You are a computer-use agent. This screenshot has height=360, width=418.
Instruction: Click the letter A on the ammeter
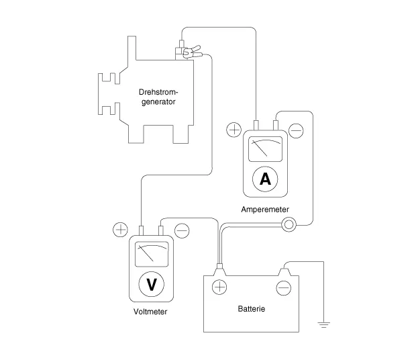pyautogui.click(x=265, y=179)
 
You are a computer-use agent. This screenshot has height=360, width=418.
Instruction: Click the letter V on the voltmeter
pyautogui.click(x=152, y=284)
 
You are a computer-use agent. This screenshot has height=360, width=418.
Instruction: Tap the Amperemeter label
pyautogui.click(x=265, y=210)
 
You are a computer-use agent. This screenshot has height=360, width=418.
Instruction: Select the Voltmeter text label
pyautogui.click(x=150, y=312)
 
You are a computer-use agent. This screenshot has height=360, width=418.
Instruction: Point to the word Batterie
pyautogui.click(x=252, y=309)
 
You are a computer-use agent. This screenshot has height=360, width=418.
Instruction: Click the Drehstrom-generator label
pyautogui.click(x=158, y=97)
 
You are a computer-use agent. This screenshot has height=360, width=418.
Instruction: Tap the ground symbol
pyautogui.click(x=323, y=325)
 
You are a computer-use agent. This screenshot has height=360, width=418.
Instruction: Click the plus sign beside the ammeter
pyautogui.click(x=233, y=130)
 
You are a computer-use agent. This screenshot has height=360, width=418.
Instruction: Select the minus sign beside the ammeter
pyautogui.click(x=296, y=131)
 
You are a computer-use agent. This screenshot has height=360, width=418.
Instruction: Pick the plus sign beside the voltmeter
pyautogui.click(x=121, y=230)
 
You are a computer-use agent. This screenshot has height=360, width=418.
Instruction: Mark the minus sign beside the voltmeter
pyautogui.click(x=182, y=230)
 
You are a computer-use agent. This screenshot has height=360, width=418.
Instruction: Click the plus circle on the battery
pyautogui.click(x=219, y=287)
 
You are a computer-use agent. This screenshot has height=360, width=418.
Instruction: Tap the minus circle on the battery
pyautogui.click(x=283, y=288)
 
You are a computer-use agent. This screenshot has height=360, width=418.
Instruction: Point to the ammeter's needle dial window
pyautogui.click(x=265, y=149)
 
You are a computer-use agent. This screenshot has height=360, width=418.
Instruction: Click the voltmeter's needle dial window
pyautogui.click(x=152, y=254)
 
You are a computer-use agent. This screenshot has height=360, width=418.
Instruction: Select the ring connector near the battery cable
pyautogui.click(x=289, y=224)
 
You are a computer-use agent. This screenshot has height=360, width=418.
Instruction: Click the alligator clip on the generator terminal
pyautogui.click(x=192, y=52)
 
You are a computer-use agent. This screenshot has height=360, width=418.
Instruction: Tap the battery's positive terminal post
pyautogui.click(x=219, y=270)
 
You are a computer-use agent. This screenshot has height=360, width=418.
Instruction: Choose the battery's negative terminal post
pyautogui.click(x=284, y=272)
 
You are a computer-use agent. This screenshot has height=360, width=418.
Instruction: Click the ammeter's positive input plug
pyautogui.click(x=256, y=125)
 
